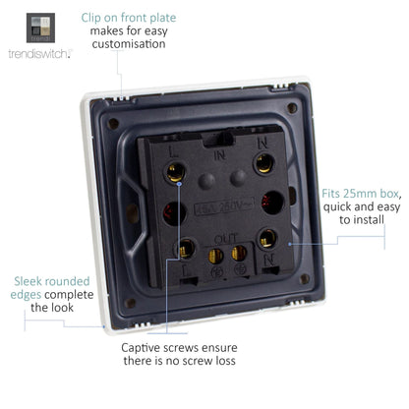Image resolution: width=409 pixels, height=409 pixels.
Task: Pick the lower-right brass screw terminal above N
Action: [x=267, y=238]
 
